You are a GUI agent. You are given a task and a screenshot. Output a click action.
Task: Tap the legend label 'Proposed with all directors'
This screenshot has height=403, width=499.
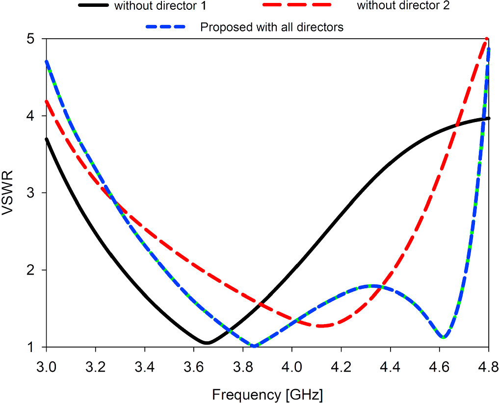coord(272,27)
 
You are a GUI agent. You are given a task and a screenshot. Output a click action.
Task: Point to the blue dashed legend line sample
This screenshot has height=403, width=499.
coord(165,27)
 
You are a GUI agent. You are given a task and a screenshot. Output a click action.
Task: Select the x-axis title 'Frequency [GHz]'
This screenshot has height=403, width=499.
coord(267,394)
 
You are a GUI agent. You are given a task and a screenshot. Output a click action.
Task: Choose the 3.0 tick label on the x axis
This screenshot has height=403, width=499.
coord(47,366)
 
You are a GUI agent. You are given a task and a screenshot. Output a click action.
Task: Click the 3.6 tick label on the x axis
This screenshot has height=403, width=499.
coord(194,366)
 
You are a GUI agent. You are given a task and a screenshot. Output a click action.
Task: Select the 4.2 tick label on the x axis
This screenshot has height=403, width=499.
coord(341,366)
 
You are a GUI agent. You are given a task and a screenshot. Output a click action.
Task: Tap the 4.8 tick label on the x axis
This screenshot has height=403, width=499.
coord(488,366)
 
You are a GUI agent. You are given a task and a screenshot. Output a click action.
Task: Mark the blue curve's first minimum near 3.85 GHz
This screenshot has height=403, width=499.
coord(254,346)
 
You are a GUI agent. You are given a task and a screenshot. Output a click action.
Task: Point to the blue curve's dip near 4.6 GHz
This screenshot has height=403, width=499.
coord(444,337)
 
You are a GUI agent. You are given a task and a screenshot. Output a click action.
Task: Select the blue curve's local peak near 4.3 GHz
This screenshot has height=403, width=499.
coord(374,286)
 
